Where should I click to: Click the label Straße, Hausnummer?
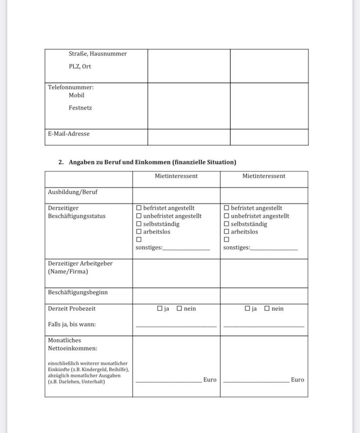98,54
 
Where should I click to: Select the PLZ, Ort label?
80,66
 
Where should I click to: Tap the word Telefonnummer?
70,88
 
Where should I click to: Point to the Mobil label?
77,95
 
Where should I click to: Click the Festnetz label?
80,108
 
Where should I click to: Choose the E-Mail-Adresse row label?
68,134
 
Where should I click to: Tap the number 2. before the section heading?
61,162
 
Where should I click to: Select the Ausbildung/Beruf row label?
73,192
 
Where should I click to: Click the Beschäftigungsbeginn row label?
77,292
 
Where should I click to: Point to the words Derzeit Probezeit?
72,309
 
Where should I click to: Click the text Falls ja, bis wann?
72,324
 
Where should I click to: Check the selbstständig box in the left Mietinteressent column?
139,224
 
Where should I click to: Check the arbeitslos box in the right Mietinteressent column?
226,232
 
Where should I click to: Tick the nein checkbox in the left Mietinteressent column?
179,309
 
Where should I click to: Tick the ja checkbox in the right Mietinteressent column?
247,309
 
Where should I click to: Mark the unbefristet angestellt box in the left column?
139,216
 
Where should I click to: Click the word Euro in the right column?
297,380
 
